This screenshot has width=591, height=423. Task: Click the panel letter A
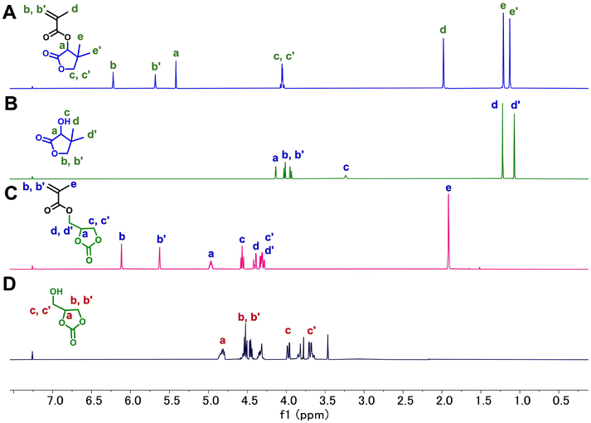tap(11, 13)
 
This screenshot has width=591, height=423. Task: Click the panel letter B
tap(11, 105)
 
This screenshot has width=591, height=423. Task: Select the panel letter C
tap(11, 193)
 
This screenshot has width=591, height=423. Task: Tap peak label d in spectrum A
tap(443, 31)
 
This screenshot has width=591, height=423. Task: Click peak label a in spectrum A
tap(176, 53)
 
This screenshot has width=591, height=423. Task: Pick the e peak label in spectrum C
tap(448, 187)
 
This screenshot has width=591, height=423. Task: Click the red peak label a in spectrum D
tap(222, 340)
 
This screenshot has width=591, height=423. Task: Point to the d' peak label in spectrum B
tap(516, 105)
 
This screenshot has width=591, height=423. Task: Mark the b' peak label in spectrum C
tap(162, 240)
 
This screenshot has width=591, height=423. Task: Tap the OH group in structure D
tap(56, 291)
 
